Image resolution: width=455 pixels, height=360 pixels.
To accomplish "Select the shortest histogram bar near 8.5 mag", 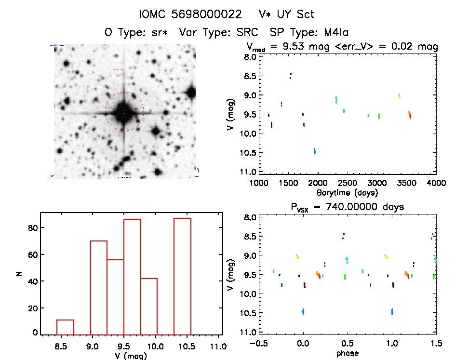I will click(x=65, y=327).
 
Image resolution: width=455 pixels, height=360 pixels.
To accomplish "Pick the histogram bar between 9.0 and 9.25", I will click(x=99, y=287).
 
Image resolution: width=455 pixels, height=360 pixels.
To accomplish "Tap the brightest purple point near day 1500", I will click(x=291, y=75).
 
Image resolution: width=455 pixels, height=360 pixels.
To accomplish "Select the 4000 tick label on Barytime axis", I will click(x=436, y=183).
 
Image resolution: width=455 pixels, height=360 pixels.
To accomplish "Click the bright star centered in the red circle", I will click(x=123, y=112).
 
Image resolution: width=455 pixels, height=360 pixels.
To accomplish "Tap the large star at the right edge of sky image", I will click(x=191, y=92).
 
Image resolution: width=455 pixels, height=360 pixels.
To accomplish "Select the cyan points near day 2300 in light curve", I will click(x=336, y=100).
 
